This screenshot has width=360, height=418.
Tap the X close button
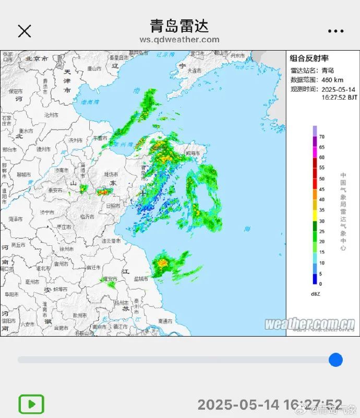[25, 31]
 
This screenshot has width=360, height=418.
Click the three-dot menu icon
[335, 31]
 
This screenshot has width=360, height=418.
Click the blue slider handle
[335, 360]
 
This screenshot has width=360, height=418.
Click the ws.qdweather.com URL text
[179, 40]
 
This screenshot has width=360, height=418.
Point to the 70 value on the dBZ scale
[321, 136]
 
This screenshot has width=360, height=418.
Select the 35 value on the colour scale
[321, 210]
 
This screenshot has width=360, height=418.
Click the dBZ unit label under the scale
[315, 294]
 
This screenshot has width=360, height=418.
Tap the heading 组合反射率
[309, 58]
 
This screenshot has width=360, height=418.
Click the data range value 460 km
[332, 80]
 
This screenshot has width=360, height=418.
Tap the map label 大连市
[194, 70]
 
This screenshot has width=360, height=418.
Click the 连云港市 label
[111, 241]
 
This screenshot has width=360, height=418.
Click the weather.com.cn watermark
[309, 324]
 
